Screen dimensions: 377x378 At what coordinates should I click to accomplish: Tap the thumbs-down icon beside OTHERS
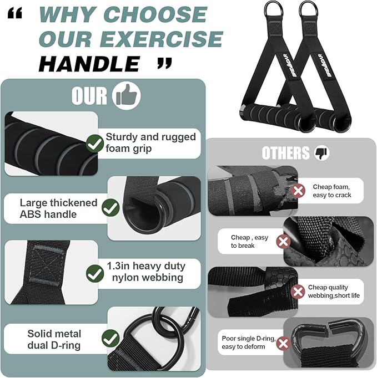pyautogui.click(x=321, y=153)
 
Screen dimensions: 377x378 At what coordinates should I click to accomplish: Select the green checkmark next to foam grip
pyautogui.click(x=95, y=144)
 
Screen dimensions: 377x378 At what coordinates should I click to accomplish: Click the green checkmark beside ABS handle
pyautogui.click(x=110, y=207)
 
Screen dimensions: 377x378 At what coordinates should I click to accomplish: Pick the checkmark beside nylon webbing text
pyautogui.click(x=95, y=273)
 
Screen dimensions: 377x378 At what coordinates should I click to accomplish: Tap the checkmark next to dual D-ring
pyautogui.click(x=110, y=338)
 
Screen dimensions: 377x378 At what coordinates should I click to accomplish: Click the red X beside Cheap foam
pyautogui.click(x=298, y=191)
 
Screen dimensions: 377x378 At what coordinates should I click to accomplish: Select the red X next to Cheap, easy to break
pyautogui.click(x=283, y=241)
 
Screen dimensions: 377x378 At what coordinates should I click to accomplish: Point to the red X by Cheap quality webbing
pyautogui.click(x=298, y=292)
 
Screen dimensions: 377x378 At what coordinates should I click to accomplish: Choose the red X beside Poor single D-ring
pyautogui.click(x=283, y=343)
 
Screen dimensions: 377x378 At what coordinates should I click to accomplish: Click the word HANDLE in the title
pyautogui.click(x=89, y=64)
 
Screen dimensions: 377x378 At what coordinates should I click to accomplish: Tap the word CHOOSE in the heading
pyautogui.click(x=155, y=14)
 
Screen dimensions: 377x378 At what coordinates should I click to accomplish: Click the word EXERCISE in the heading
pyautogui.click(x=163, y=39)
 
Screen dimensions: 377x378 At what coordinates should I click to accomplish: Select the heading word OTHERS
pyautogui.click(x=285, y=153)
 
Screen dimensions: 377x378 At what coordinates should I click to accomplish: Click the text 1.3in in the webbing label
pyautogui.click(x=118, y=266)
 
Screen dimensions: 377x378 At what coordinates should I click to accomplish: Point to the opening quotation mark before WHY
pyautogui.click(x=15, y=13)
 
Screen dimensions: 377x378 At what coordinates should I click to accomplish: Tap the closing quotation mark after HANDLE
pyautogui.click(x=164, y=63)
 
